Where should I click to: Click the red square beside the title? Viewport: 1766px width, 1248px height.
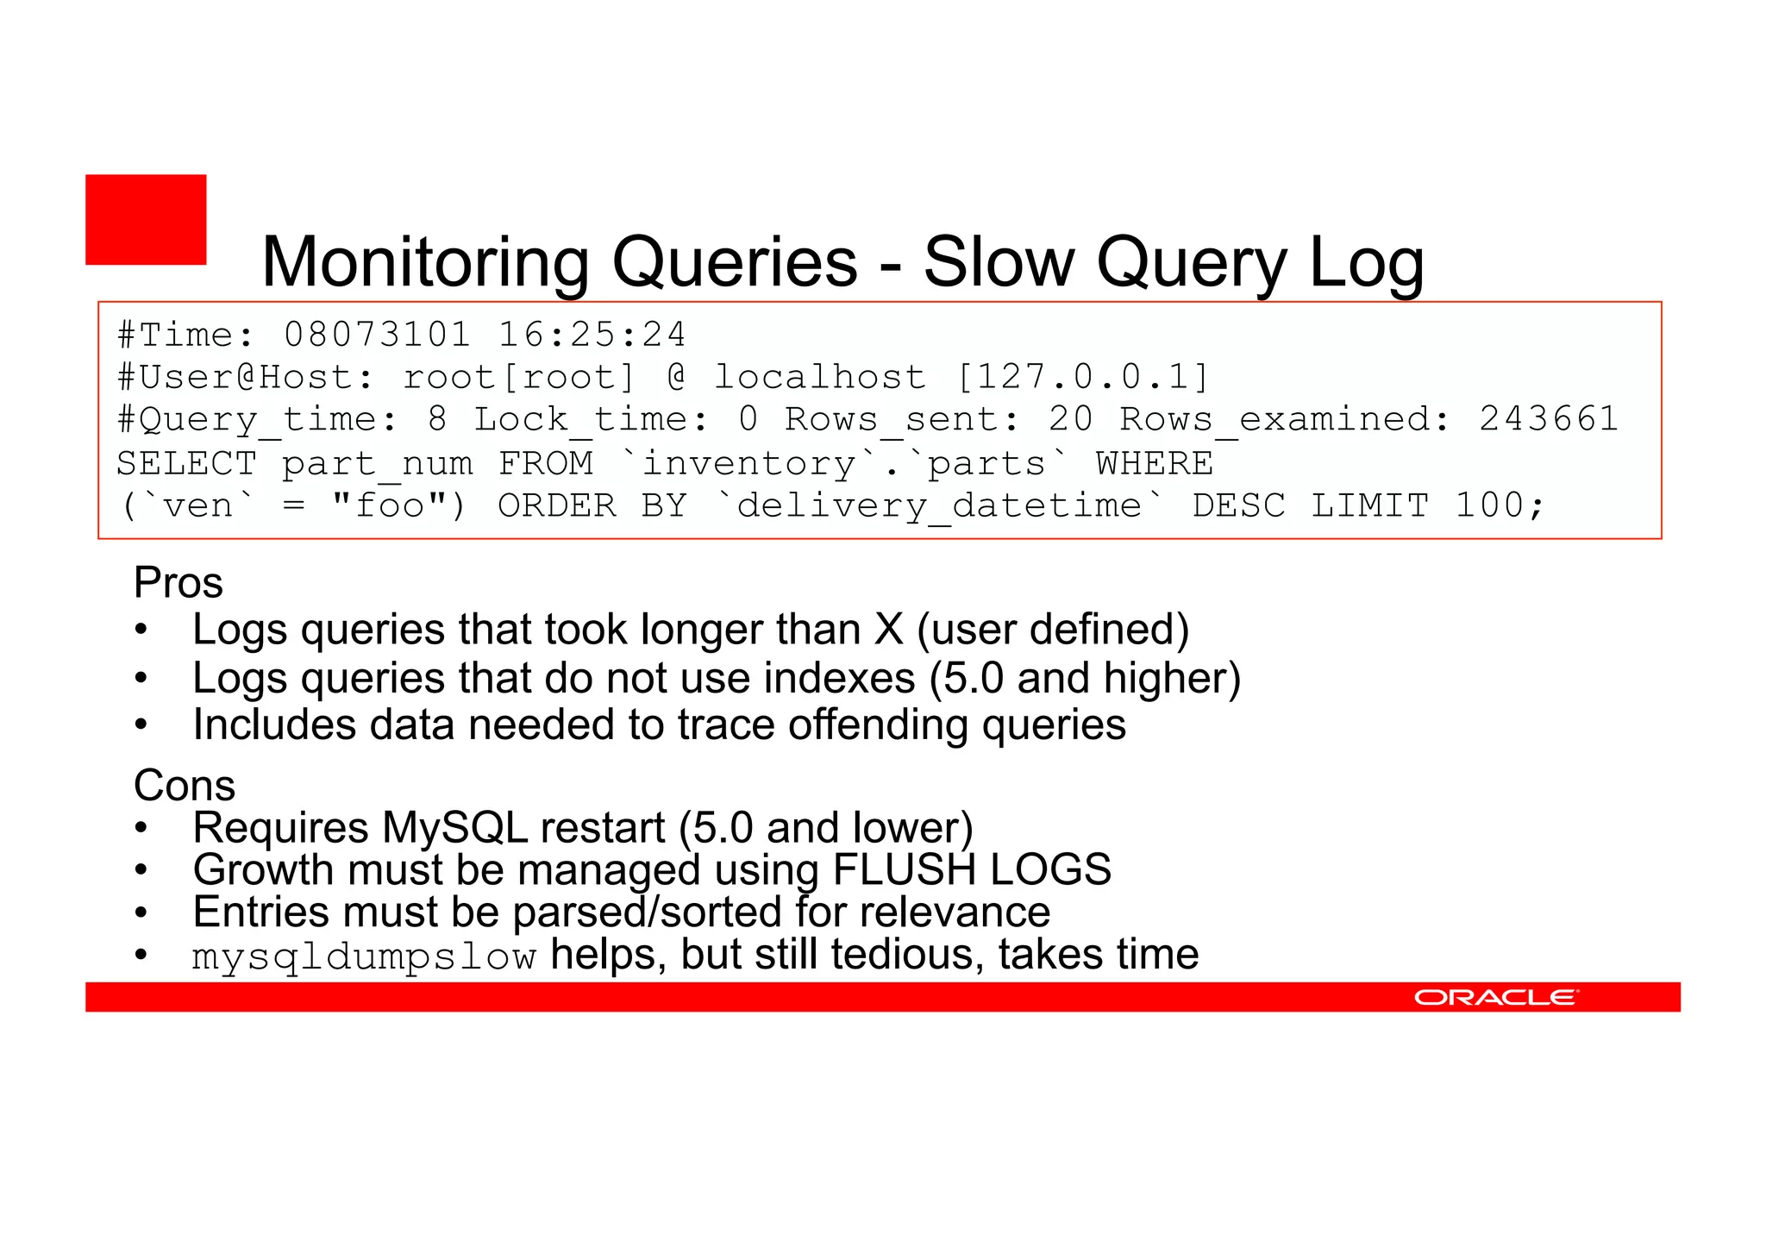(x=146, y=219)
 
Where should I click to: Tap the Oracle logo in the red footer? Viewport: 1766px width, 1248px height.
(x=1495, y=997)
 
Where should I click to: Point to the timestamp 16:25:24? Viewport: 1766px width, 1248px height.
(x=592, y=335)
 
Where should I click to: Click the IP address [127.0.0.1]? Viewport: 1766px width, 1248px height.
(x=1083, y=377)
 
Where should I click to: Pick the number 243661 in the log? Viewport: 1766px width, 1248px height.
(x=1548, y=419)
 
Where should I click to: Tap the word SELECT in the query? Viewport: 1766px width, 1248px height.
(x=186, y=464)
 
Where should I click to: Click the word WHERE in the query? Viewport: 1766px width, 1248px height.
(x=1154, y=464)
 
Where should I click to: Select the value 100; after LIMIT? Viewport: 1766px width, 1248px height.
(x=1500, y=505)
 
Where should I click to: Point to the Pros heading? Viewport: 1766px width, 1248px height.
(x=178, y=583)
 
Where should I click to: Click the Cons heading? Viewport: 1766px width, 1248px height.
(x=185, y=786)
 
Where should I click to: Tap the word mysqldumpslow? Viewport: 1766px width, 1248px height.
(x=364, y=956)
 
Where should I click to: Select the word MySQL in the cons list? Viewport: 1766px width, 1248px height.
(x=454, y=828)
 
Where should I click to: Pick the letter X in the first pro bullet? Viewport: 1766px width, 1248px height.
(x=888, y=630)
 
